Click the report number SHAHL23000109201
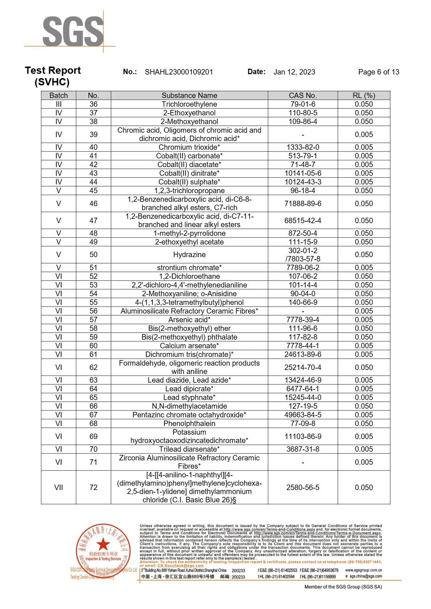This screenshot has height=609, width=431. [x=179, y=72]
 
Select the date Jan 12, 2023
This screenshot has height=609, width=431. [x=294, y=72]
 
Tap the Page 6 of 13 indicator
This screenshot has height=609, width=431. [x=378, y=72]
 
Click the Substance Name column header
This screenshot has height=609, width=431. [x=189, y=95]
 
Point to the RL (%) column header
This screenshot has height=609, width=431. [x=364, y=95]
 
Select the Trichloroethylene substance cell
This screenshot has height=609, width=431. [x=189, y=104]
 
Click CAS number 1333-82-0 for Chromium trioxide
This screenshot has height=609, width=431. [x=303, y=147]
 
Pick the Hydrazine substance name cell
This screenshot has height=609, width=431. [x=189, y=255]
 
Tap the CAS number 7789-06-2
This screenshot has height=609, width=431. [x=303, y=268]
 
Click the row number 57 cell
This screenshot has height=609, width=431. [x=93, y=320]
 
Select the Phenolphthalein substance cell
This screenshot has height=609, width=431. [x=189, y=423]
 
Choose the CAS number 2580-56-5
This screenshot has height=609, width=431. [x=303, y=487]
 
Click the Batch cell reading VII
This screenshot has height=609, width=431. [x=59, y=487]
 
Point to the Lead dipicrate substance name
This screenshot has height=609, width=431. [x=189, y=389]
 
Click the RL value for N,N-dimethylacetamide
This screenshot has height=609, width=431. [x=364, y=406]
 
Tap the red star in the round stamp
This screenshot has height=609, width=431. [x=103, y=544]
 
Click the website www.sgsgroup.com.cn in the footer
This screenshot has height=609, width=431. [x=363, y=570]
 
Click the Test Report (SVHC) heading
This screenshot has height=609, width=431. [x=53, y=76]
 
